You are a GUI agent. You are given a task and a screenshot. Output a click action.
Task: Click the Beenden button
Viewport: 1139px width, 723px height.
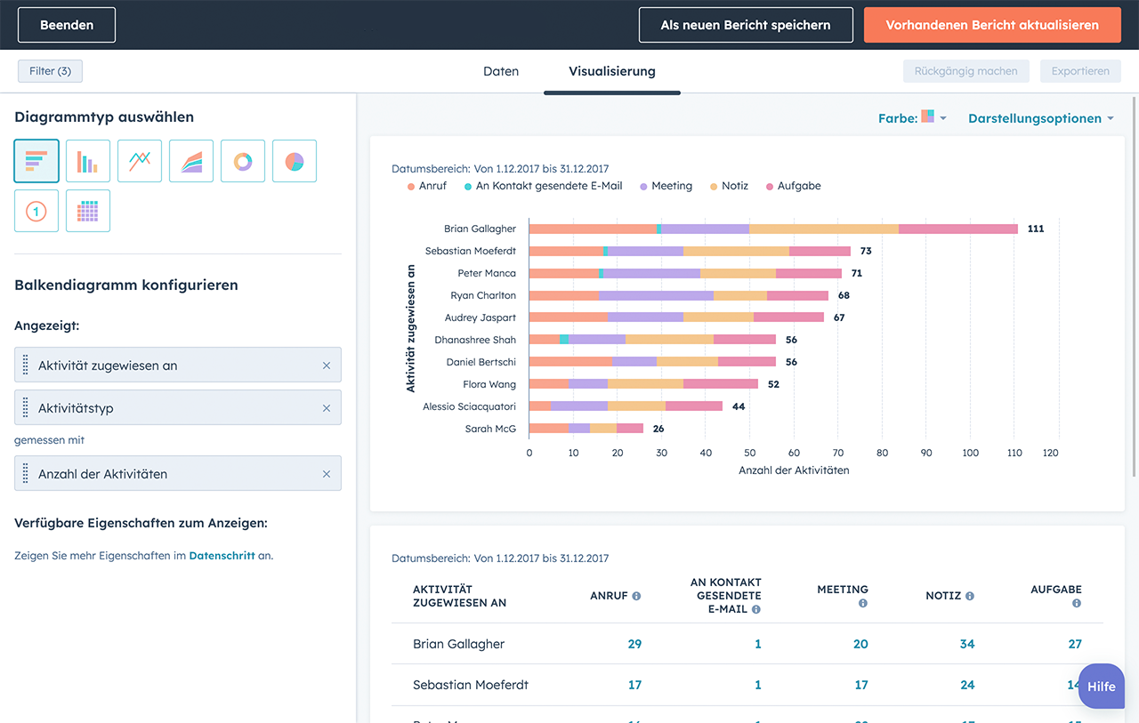pyautogui.click(x=67, y=25)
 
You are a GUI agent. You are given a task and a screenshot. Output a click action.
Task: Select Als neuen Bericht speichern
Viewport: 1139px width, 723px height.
pyautogui.click(x=745, y=25)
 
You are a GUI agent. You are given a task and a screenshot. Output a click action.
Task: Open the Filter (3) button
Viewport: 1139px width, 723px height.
pyautogui.click(x=50, y=71)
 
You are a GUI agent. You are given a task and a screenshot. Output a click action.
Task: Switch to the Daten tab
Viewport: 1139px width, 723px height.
pyautogui.click(x=500, y=71)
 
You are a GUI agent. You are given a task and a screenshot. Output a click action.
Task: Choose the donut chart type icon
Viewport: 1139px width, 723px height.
pyautogui.click(x=243, y=161)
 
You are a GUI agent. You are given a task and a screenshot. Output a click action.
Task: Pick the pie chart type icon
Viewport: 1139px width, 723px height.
pyautogui.click(x=295, y=161)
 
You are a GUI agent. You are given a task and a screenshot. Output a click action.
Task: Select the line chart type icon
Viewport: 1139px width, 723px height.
pyautogui.click(x=140, y=161)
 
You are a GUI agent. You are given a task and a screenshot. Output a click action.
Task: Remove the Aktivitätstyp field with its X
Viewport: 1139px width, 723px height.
pyautogui.click(x=327, y=408)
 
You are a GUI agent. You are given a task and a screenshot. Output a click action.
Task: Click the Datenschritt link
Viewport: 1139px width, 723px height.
pyautogui.click(x=222, y=556)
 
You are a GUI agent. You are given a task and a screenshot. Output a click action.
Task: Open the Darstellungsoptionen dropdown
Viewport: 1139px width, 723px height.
pyautogui.click(x=1040, y=118)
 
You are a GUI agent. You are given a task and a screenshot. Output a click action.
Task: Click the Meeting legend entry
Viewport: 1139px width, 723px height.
pyautogui.click(x=671, y=186)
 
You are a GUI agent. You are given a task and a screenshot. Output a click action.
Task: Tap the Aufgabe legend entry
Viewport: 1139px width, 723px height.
pyautogui.click(x=798, y=186)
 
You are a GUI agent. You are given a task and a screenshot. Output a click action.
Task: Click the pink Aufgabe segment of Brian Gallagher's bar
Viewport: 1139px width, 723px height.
pyautogui.click(x=957, y=229)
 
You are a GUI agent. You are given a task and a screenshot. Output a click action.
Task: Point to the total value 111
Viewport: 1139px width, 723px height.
pyautogui.click(x=1036, y=229)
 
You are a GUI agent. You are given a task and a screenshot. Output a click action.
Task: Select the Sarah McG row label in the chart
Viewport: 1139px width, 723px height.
pyautogui.click(x=490, y=429)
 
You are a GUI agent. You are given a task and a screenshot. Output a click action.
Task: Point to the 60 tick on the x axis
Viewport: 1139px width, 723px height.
pyautogui.click(x=794, y=453)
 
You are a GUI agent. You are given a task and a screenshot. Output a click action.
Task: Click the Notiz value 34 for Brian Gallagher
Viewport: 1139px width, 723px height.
pyautogui.click(x=966, y=644)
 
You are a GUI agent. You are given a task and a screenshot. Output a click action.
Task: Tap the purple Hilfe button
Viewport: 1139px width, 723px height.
pyautogui.click(x=1101, y=687)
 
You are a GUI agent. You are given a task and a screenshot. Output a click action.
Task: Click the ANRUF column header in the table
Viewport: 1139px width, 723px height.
pyautogui.click(x=609, y=596)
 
